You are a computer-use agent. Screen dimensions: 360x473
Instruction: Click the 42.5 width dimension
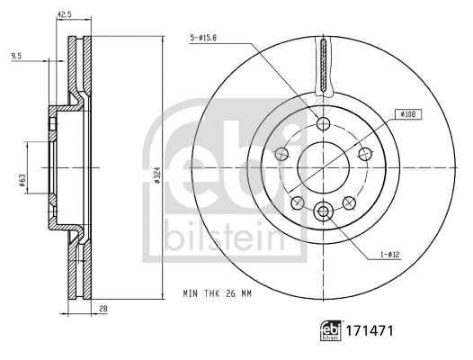[x=64, y=13]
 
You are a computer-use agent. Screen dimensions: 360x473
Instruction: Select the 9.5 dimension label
[x=16, y=57]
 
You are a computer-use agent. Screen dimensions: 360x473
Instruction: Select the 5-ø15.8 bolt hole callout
[x=209, y=36]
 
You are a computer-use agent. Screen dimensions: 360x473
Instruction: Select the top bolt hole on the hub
[x=323, y=124]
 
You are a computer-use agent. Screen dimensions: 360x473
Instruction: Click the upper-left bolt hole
[x=281, y=154]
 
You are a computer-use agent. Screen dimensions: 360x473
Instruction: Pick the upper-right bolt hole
[x=364, y=154]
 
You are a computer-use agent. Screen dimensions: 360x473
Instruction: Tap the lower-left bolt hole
[x=298, y=201]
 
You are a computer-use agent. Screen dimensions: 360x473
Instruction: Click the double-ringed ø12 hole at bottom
[x=323, y=211]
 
